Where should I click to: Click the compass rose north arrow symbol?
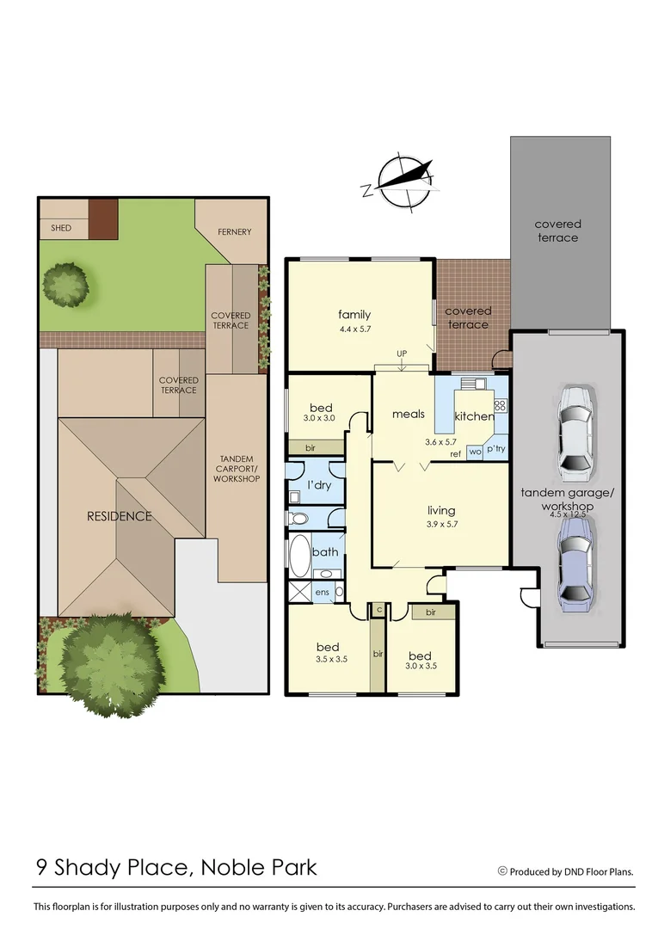(x=400, y=181)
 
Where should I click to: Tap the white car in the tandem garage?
(x=575, y=433)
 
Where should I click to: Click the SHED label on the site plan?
(x=61, y=228)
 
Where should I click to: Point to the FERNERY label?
(x=234, y=231)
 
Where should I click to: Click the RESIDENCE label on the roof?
(x=119, y=516)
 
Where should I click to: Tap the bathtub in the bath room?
(x=300, y=557)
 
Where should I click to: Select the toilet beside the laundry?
(x=298, y=519)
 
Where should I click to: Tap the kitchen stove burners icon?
(x=500, y=405)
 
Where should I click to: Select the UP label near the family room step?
(x=401, y=354)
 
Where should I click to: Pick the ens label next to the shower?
(x=323, y=592)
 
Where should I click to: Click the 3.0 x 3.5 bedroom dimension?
(x=421, y=666)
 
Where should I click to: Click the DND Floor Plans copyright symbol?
(x=502, y=871)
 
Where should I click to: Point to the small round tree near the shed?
(x=65, y=283)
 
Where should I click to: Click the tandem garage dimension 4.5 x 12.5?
(x=569, y=515)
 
